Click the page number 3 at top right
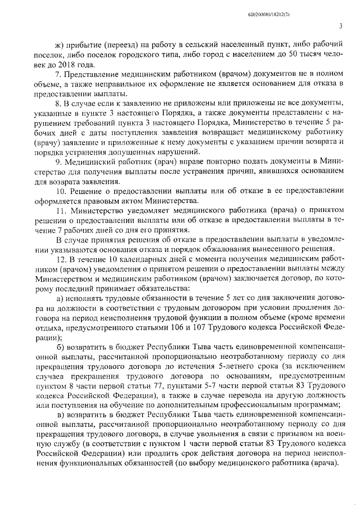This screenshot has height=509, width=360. pyautogui.click(x=340, y=25)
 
